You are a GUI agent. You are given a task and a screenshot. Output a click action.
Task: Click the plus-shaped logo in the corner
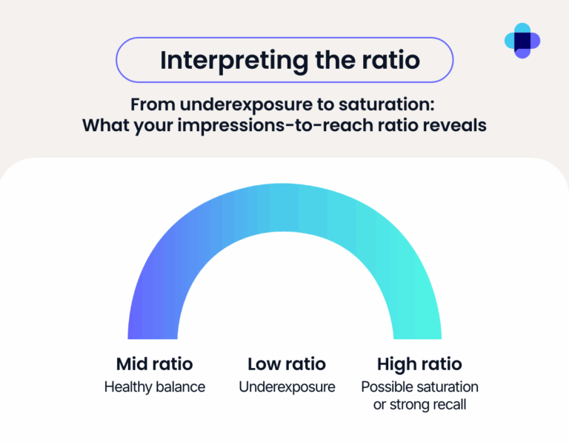[x=522, y=40]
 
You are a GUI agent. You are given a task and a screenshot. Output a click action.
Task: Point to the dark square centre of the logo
[x=522, y=40]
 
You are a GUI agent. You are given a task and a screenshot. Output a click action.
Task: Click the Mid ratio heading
[x=154, y=364]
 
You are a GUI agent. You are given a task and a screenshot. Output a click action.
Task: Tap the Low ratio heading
[x=286, y=364]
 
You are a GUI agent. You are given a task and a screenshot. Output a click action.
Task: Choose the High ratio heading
[x=419, y=364]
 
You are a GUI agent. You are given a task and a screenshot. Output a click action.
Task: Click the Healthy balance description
[x=154, y=387]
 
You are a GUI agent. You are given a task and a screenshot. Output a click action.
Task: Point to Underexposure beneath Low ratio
[x=287, y=387]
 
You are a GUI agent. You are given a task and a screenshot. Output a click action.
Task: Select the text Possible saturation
[x=419, y=387]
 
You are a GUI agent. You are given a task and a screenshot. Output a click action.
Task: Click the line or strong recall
[x=419, y=404]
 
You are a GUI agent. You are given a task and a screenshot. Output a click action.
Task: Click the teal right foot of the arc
[x=418, y=326]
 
